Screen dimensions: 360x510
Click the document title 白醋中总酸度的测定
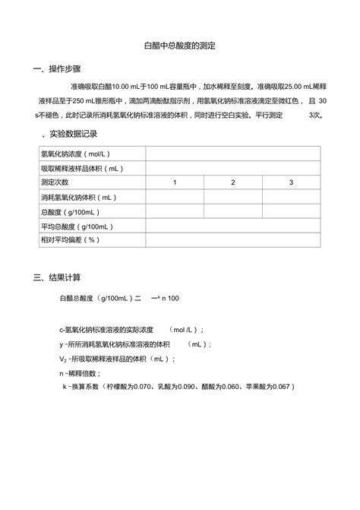click(x=180, y=46)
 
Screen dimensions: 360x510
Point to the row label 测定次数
click(x=55, y=182)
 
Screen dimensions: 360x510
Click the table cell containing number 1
click(x=175, y=182)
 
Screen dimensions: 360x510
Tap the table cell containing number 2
click(x=233, y=182)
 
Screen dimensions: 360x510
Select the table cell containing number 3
click(x=291, y=182)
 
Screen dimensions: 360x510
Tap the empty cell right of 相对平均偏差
click(x=233, y=240)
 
